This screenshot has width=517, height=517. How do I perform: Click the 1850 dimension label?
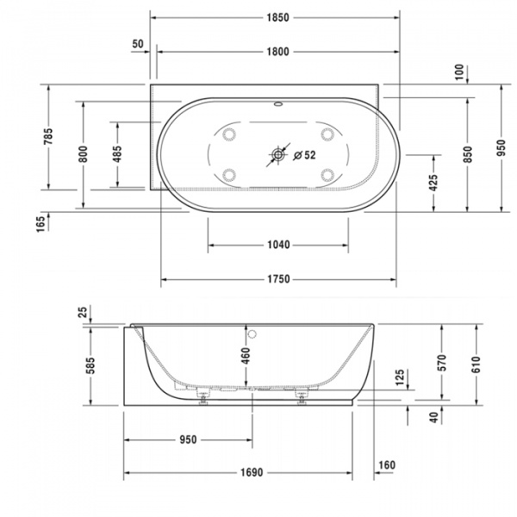pyautogui.click(x=277, y=16)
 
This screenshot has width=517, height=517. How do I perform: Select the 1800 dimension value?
pyautogui.click(x=277, y=53)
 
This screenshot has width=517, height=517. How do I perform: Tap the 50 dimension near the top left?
pyautogui.click(x=138, y=44)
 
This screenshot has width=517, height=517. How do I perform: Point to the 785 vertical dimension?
pyautogui.click(x=49, y=136)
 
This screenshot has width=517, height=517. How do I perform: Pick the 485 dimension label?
pyautogui.click(x=118, y=153)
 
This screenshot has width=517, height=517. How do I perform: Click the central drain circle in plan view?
pyautogui.click(x=278, y=156)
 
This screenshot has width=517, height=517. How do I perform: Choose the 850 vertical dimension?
pyautogui.click(x=467, y=153)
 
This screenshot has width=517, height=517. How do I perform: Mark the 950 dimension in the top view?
pyautogui.click(x=501, y=148)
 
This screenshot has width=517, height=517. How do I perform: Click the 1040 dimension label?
pyautogui.click(x=277, y=245)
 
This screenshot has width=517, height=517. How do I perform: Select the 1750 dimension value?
pyautogui.click(x=277, y=279)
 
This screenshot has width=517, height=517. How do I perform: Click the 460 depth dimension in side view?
pyautogui.click(x=245, y=355)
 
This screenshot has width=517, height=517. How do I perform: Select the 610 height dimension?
pyautogui.click(x=475, y=362)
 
